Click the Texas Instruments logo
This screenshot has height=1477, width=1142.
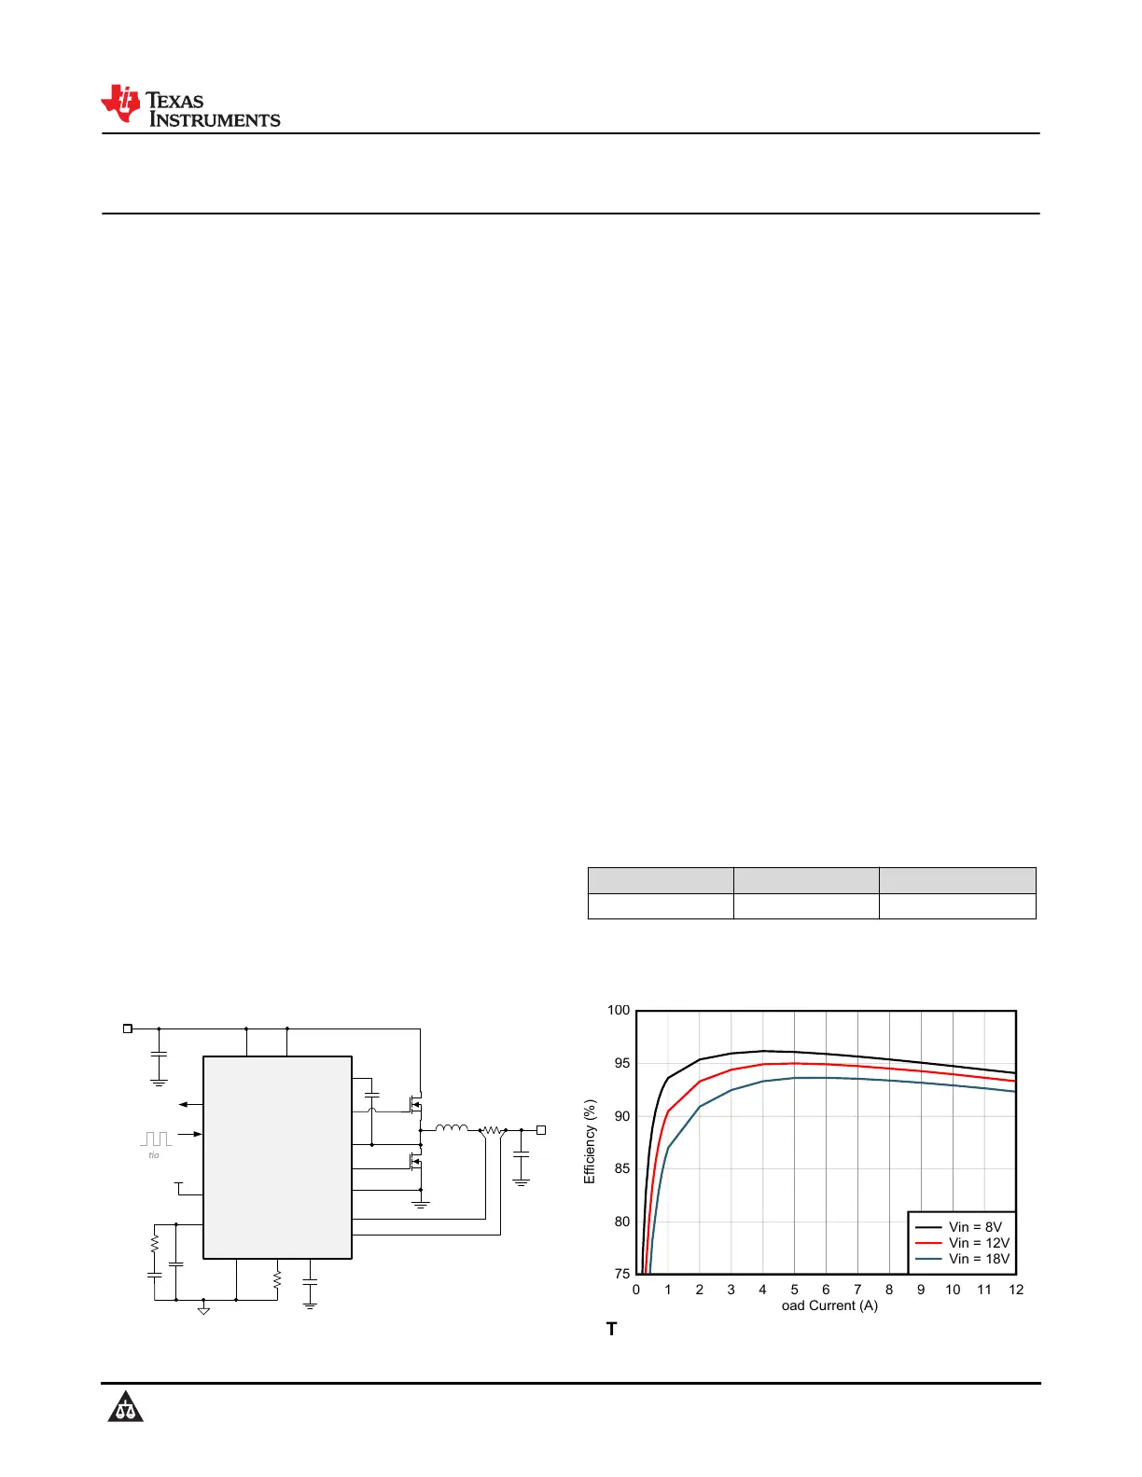point(190,105)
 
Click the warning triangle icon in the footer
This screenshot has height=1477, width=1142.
point(125,1405)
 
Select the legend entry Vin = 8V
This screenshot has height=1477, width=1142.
point(958,1227)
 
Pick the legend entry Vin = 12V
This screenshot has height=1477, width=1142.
point(962,1243)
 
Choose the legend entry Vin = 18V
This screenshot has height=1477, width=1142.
point(962,1259)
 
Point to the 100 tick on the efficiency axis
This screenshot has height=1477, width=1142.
point(619,1010)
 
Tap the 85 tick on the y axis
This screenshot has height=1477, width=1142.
point(621,1168)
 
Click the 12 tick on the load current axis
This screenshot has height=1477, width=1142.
point(1015,1290)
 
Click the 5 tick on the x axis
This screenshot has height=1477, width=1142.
point(794,1290)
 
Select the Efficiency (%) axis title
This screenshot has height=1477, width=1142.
point(590,1142)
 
